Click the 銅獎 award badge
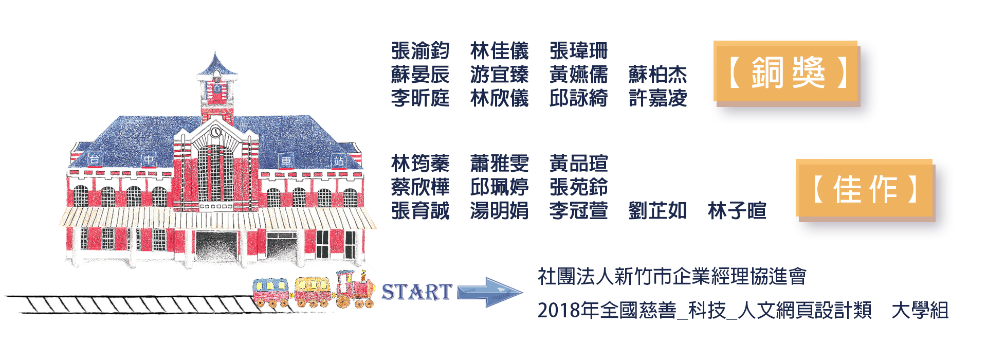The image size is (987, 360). [x=787, y=73]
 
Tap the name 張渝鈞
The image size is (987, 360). [x=420, y=51]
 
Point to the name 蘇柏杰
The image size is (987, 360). [x=657, y=75]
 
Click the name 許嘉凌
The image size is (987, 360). [x=657, y=98]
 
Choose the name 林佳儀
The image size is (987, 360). [x=499, y=51]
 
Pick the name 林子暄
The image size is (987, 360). [x=737, y=210]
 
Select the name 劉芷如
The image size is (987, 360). [x=657, y=210]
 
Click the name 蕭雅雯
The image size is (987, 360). [x=499, y=164]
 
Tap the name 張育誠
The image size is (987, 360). [x=420, y=210]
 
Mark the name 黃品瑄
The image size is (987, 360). [x=578, y=164]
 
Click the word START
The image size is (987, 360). [x=416, y=292]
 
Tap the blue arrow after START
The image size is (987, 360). [x=489, y=292]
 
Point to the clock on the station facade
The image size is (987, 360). [x=216, y=132]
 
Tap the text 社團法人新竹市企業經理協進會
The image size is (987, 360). [x=672, y=277]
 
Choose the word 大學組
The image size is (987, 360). [x=920, y=310]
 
